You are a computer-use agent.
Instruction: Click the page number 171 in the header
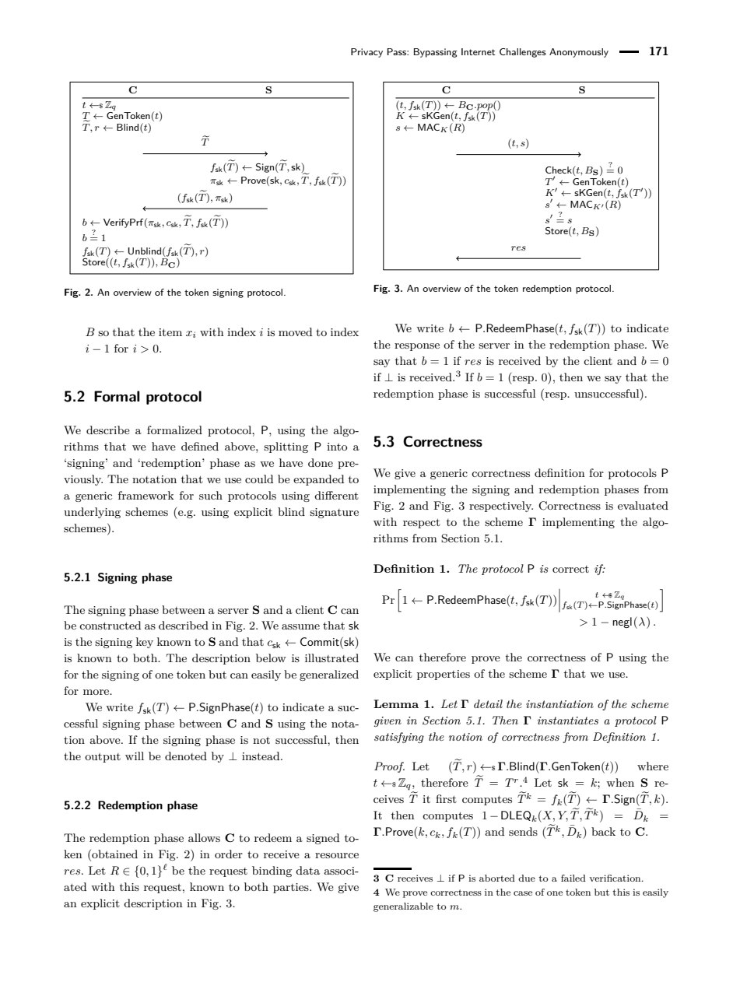click(x=658, y=52)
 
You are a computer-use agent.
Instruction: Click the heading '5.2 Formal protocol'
click(x=132, y=397)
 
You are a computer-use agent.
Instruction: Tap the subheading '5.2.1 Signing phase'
click(x=118, y=577)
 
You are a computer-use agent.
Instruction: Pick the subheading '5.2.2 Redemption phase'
click(x=131, y=805)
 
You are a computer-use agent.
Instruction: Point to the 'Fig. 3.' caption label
click(x=388, y=289)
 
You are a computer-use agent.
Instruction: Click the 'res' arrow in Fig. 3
click(x=518, y=258)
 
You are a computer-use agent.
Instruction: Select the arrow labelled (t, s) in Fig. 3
click(x=518, y=154)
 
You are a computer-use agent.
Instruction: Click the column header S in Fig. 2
click(x=268, y=90)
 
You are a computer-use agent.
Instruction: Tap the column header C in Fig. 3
click(x=446, y=90)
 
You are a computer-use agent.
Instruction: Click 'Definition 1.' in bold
click(x=412, y=569)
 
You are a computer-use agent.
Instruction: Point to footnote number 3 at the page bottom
click(x=377, y=879)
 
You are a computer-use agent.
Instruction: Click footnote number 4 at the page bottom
click(x=377, y=893)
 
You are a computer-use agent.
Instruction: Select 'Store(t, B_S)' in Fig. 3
click(x=572, y=231)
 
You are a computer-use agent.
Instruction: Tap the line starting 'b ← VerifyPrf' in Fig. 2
click(x=155, y=223)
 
